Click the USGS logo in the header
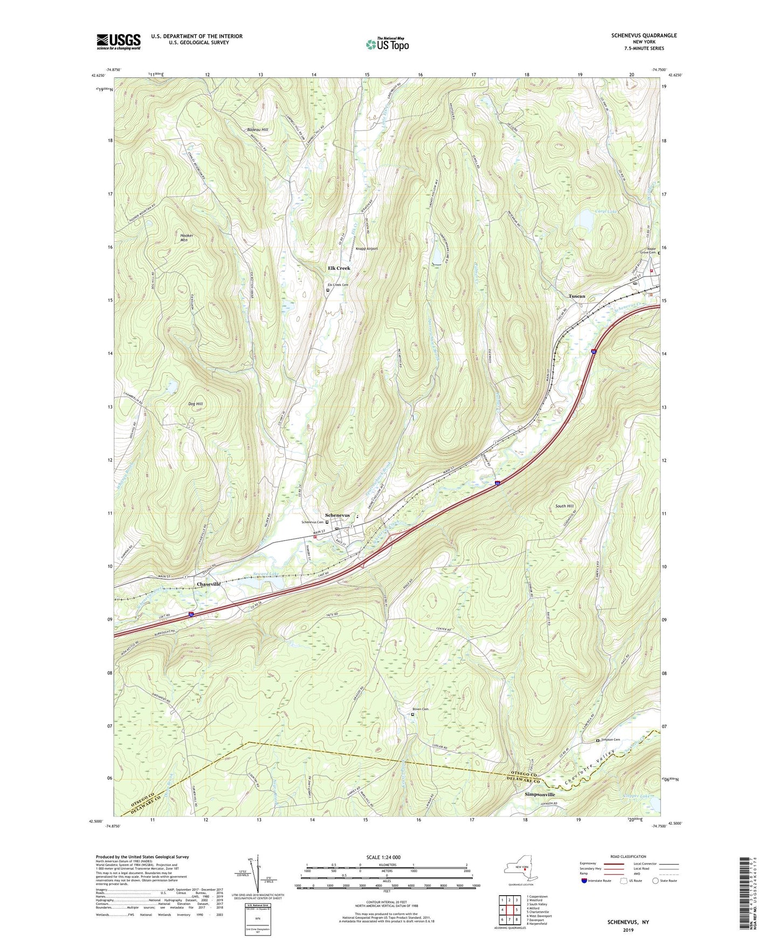[119, 41]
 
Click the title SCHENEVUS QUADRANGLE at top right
[644, 36]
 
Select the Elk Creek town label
[339, 268]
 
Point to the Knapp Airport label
[367, 249]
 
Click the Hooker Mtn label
[187, 238]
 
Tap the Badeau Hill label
[257, 130]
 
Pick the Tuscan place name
[577, 296]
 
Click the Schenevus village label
[337, 516]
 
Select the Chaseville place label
[209, 584]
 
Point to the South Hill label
[564, 506]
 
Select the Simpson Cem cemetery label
[610, 740]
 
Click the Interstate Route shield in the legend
[584, 881]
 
